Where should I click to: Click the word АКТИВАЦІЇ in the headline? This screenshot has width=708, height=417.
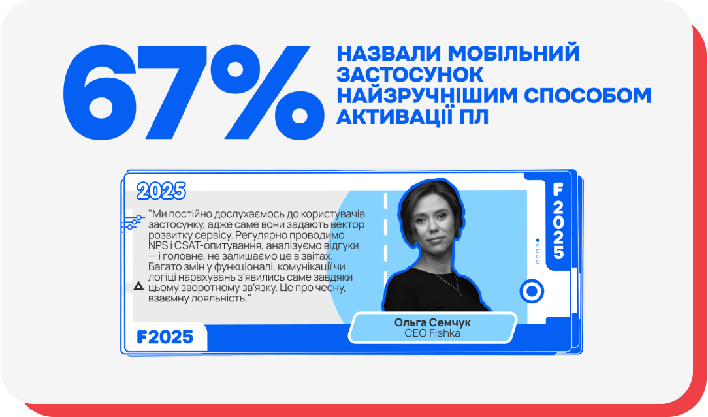(400, 116)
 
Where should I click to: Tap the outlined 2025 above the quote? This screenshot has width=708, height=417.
(161, 191)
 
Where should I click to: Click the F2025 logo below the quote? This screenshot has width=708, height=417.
(165, 337)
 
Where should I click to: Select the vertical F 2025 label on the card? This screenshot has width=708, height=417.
(558, 222)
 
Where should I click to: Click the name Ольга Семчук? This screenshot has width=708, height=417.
(432, 323)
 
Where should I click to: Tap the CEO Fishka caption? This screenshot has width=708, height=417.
(432, 333)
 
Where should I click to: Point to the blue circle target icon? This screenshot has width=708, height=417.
(532, 291)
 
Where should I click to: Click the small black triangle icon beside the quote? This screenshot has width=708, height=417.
(138, 286)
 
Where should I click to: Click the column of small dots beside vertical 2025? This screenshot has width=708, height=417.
(538, 251)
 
